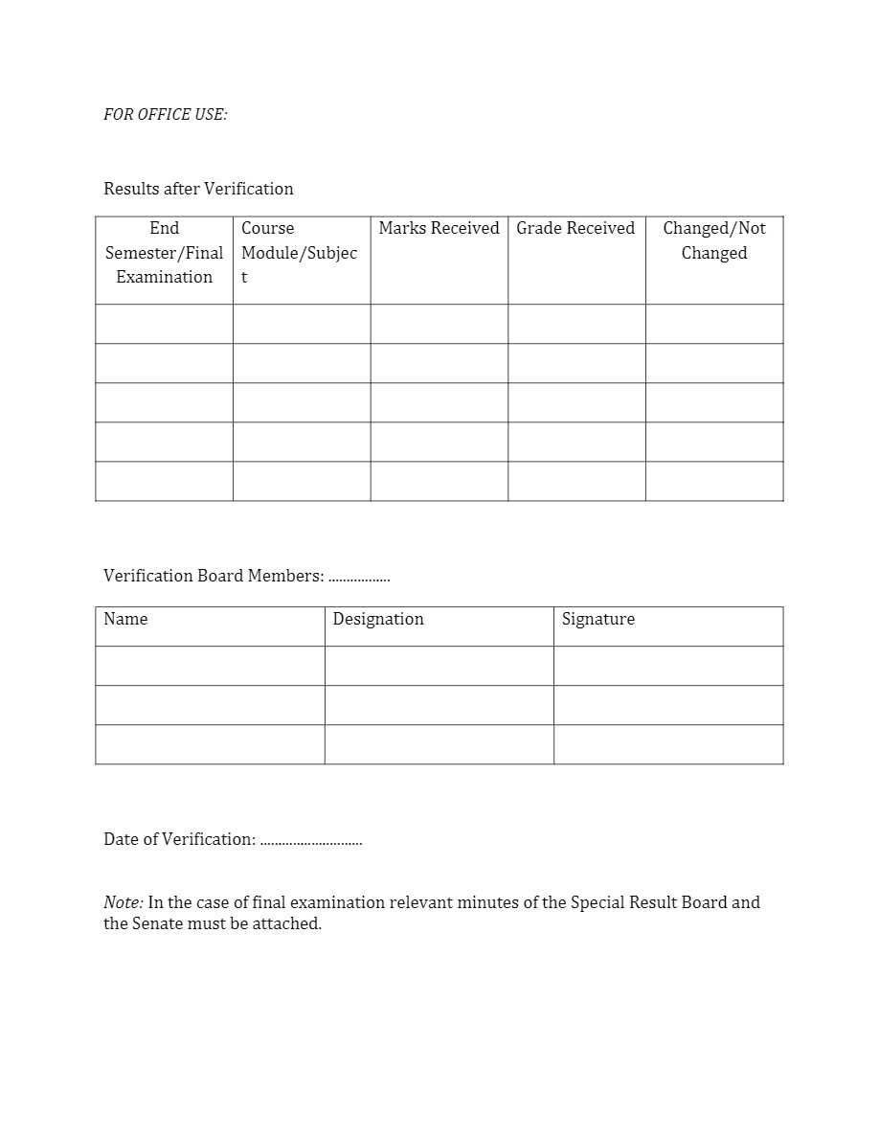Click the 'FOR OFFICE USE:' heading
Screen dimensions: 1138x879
(x=165, y=115)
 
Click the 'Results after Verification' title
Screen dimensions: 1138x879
(x=198, y=189)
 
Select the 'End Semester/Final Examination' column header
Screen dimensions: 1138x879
(x=164, y=253)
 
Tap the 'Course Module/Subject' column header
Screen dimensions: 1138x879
(x=299, y=253)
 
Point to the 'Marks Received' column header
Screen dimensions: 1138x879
(x=439, y=228)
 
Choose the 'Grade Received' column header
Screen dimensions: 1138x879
(x=575, y=228)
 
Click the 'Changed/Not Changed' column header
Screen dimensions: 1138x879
(x=714, y=240)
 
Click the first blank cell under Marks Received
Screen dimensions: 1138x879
(x=439, y=324)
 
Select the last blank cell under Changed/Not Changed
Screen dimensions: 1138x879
(x=714, y=481)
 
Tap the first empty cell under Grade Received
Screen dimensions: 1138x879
(x=576, y=324)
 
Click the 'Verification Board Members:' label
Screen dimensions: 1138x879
(x=214, y=576)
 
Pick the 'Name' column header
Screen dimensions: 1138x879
(x=125, y=619)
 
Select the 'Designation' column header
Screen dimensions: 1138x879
(x=378, y=619)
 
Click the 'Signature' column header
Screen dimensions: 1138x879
(x=598, y=619)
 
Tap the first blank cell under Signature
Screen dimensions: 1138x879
(x=668, y=666)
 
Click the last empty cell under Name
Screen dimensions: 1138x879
(x=210, y=744)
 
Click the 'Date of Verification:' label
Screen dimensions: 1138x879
(x=179, y=839)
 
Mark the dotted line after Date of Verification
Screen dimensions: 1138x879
(x=311, y=841)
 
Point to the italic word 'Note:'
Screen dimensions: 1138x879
(x=124, y=902)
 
